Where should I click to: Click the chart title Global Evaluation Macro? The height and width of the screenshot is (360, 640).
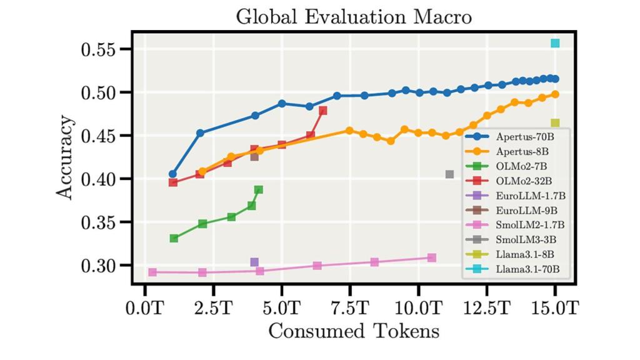pos(353,17)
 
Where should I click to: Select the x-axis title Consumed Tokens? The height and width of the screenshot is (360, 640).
pos(353,331)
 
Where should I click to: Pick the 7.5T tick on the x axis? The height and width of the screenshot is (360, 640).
pos(351,307)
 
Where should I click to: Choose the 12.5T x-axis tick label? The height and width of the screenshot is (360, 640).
pos(487,307)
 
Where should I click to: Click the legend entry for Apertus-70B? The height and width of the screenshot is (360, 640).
pos(524,136)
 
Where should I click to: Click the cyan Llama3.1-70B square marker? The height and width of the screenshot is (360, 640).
pos(555,43)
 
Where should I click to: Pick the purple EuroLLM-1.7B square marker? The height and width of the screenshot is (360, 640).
pos(254,262)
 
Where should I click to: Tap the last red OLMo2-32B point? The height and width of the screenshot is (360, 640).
pos(323,111)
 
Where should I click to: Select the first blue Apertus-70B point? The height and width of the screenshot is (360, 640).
pos(172,174)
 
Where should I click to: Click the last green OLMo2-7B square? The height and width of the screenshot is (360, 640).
pos(259,189)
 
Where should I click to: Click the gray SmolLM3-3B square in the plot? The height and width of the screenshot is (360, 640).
pos(449,174)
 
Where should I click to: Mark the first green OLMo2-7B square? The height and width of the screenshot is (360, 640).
pos(174,238)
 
